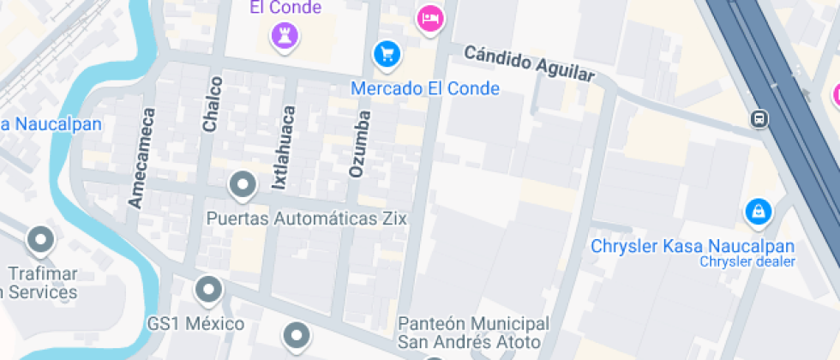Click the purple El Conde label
(x=285, y=8)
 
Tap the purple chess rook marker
(x=280, y=35)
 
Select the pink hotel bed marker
(x=429, y=18)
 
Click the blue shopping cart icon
(x=387, y=55)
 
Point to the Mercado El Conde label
(x=425, y=88)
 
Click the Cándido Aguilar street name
(x=529, y=63)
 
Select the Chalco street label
(x=212, y=104)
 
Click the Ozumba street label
(x=360, y=143)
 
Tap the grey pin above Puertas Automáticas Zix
(x=243, y=185)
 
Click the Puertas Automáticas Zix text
(x=306, y=219)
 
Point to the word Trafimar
(x=43, y=274)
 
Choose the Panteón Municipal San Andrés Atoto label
(x=474, y=333)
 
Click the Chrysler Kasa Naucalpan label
(x=693, y=246)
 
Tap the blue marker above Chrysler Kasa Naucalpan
(x=758, y=211)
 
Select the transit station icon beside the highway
(x=759, y=118)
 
